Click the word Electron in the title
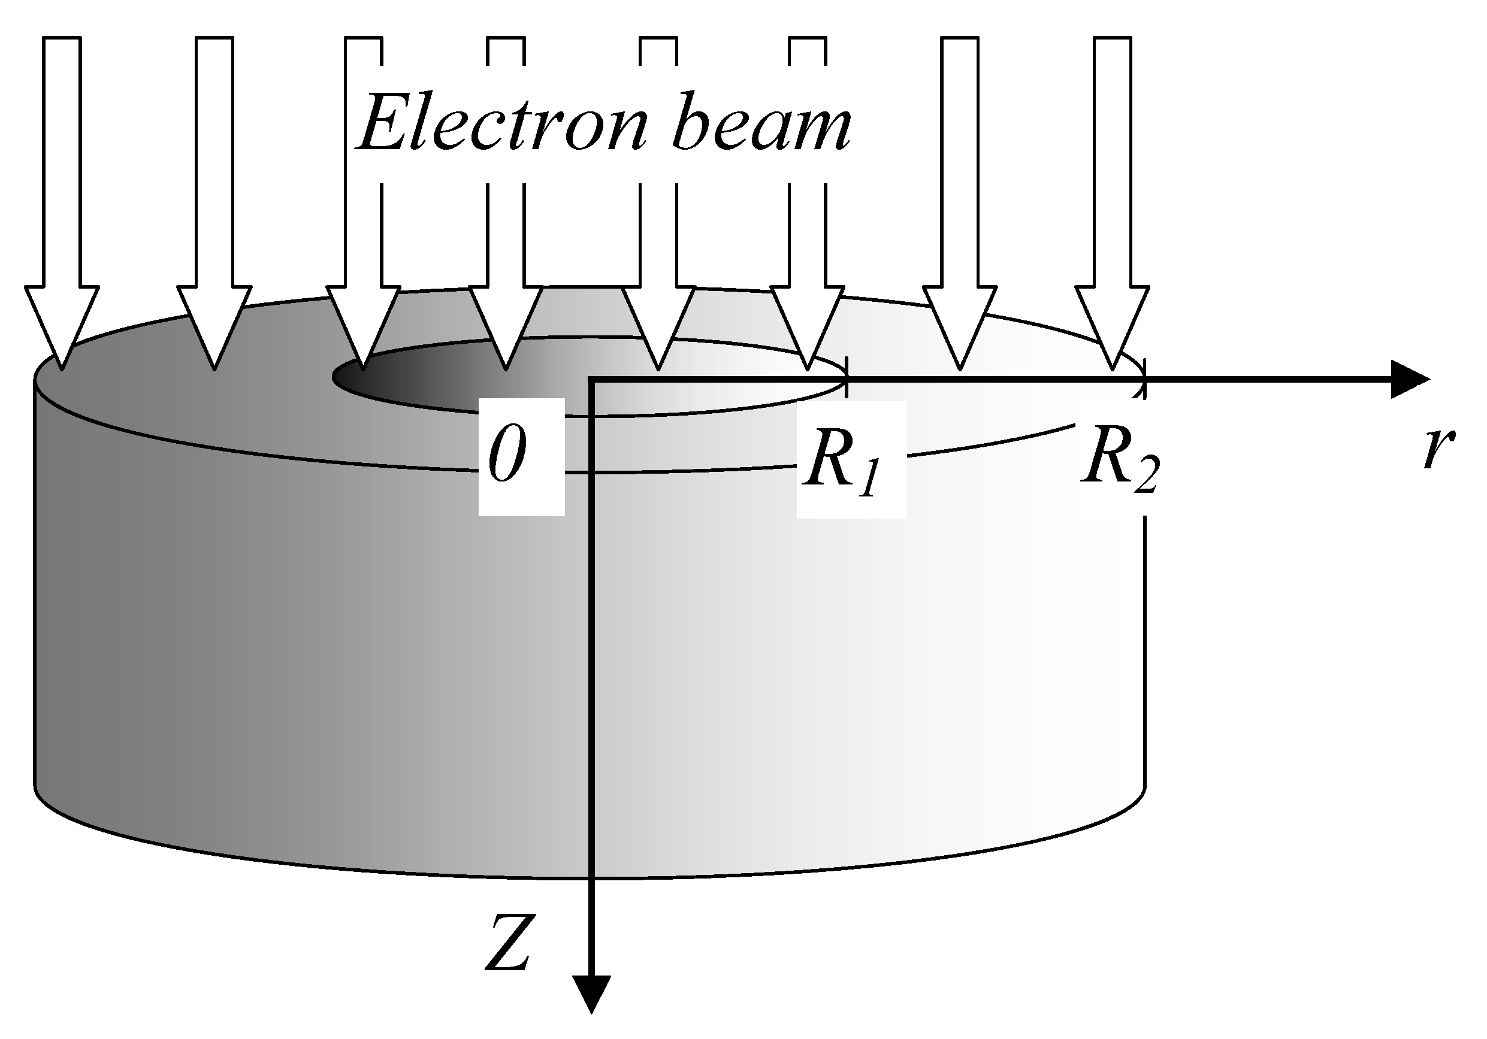[x=502, y=123]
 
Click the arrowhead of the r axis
[x=1412, y=380]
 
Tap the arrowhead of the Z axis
[x=592, y=994]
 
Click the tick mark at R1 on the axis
[x=847, y=378]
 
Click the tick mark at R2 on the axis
[x=1144, y=378]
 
